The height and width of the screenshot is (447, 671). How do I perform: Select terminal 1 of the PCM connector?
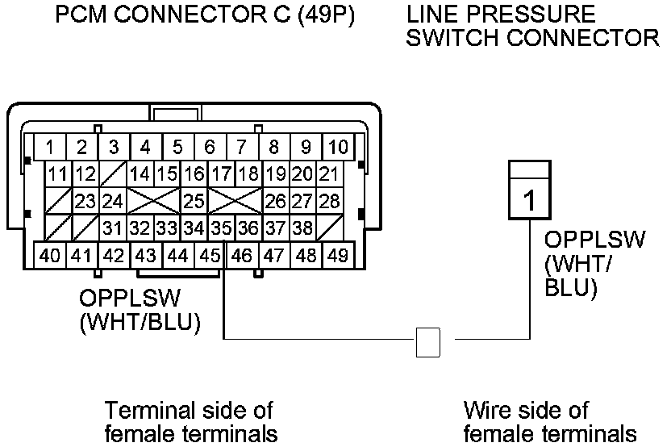point(50,148)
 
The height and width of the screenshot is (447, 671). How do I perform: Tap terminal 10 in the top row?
point(339,148)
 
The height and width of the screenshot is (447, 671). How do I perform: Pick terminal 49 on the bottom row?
point(339,256)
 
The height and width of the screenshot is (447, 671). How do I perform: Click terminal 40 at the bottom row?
point(50,256)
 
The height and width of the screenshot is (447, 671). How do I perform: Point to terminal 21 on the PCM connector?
point(328,173)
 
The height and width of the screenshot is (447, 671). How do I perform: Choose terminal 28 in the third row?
point(328,200)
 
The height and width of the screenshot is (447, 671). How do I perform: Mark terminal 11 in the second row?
point(58,173)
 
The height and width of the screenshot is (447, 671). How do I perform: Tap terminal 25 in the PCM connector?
point(194,200)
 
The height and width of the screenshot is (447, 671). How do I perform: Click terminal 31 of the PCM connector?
point(112,228)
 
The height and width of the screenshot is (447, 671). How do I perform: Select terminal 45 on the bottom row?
point(210,256)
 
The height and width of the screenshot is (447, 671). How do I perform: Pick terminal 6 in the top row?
point(210,148)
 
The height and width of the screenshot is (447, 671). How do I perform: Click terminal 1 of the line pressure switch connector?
point(529,198)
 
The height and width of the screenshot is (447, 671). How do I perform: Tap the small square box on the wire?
point(428,342)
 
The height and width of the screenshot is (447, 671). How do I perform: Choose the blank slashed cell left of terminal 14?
point(113,173)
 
